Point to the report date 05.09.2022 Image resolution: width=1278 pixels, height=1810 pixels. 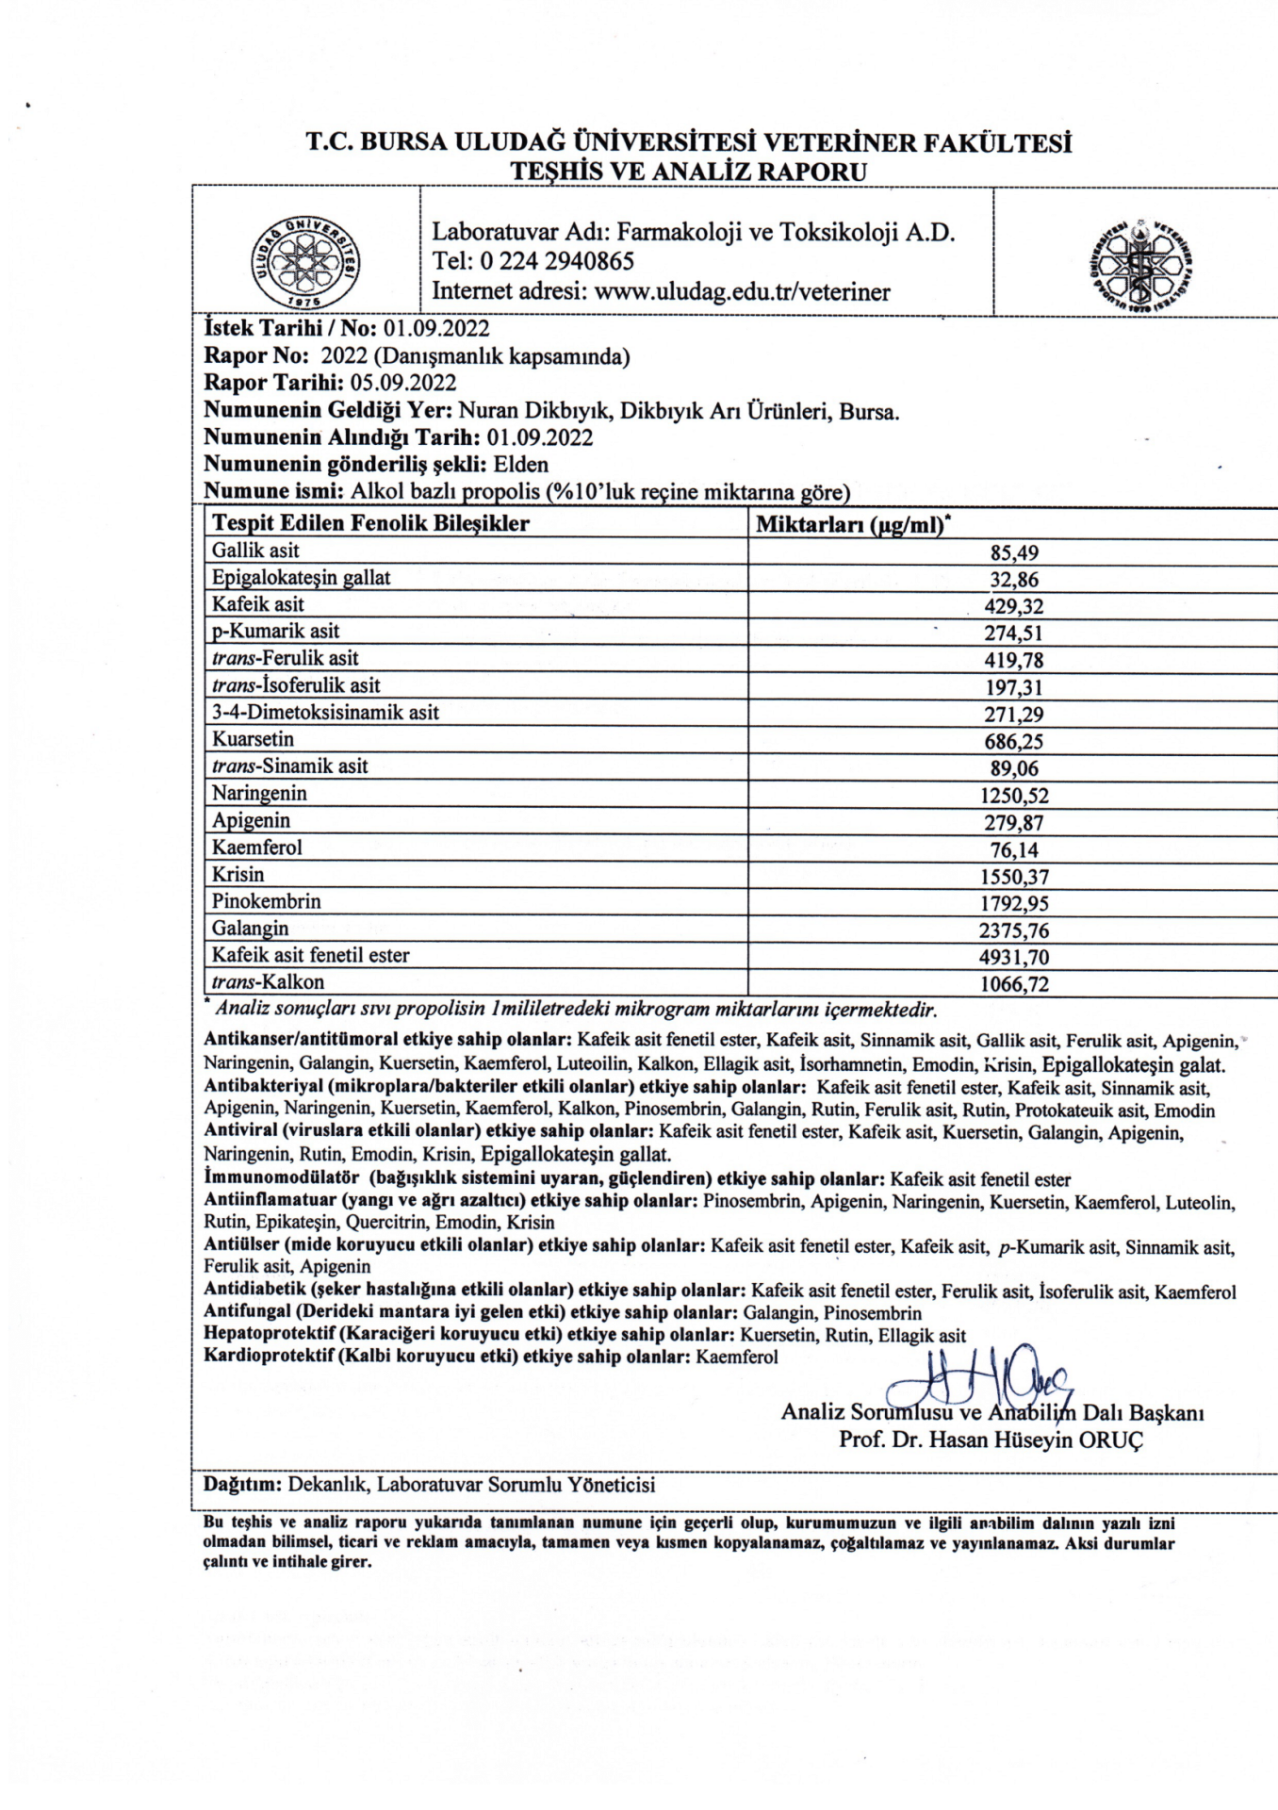403,383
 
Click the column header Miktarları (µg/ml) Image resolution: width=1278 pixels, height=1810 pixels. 852,524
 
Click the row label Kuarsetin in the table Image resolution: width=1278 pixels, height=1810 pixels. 253,740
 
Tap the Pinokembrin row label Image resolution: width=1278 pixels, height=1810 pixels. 266,902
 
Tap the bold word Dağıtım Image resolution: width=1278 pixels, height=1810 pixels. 243,1485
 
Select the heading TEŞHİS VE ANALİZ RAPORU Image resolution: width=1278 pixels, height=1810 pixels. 688,172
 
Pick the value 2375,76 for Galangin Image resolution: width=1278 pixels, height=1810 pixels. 1013,931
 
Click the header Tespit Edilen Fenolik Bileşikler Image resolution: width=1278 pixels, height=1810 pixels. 370,523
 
